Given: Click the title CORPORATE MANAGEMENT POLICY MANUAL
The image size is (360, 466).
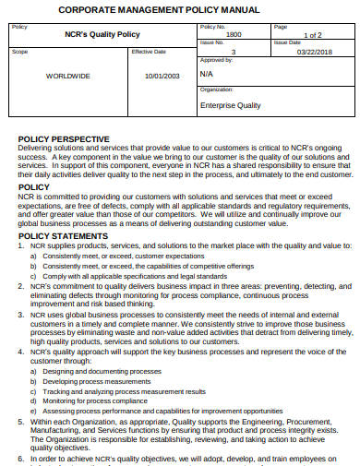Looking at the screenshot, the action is [x=179, y=9].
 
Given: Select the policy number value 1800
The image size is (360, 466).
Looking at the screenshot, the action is [x=234, y=34].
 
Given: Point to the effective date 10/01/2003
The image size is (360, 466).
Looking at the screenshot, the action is [x=161, y=78].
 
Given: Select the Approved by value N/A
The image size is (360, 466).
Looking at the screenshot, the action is [x=206, y=73].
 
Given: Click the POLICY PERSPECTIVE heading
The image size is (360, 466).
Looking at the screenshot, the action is [x=64, y=138].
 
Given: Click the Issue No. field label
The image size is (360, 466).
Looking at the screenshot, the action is [x=212, y=42].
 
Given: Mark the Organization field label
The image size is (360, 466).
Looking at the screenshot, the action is [x=217, y=90].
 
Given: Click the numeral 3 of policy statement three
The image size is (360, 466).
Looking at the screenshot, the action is [x=21, y=315].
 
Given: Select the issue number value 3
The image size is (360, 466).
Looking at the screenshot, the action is [x=234, y=52].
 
